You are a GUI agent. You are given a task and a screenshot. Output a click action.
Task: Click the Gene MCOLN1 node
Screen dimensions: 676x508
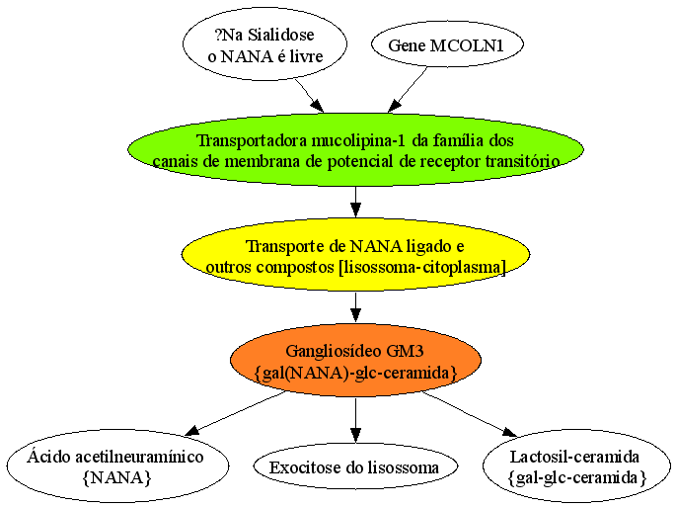click(447, 45)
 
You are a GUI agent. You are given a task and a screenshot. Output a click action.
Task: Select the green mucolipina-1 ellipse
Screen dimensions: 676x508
click(355, 150)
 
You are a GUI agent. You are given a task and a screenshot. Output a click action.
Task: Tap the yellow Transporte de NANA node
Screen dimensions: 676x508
click(355, 255)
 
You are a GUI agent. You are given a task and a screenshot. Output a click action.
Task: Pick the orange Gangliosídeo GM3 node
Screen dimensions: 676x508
click(355, 360)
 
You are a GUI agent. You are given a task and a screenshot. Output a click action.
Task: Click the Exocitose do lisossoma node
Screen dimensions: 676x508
click(355, 466)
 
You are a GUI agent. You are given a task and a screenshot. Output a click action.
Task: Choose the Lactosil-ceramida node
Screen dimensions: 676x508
click(577, 466)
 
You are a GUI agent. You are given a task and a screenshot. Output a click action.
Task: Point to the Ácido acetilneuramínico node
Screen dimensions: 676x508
click(117, 466)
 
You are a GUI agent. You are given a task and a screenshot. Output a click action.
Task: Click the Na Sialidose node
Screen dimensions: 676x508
click(265, 44)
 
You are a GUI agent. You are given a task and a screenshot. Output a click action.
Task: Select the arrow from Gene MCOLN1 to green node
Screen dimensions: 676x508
click(408, 90)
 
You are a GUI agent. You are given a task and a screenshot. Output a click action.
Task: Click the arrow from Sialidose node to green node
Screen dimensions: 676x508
click(309, 96)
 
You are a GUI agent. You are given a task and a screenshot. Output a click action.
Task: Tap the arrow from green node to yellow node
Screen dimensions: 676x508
click(355, 202)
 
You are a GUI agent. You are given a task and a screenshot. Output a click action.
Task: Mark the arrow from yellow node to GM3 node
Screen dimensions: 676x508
click(355, 306)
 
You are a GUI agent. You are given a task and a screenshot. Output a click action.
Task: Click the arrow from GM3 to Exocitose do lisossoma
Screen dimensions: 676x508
click(355, 419)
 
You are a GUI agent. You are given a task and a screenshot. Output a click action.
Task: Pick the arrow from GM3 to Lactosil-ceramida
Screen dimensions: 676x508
click(469, 414)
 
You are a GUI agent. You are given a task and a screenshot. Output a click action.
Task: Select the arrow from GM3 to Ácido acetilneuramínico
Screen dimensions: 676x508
click(235, 413)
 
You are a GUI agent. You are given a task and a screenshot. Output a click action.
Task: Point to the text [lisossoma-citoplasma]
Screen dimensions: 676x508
click(422, 267)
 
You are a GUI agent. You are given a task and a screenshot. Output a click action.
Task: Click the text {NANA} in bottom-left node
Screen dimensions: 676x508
click(116, 477)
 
